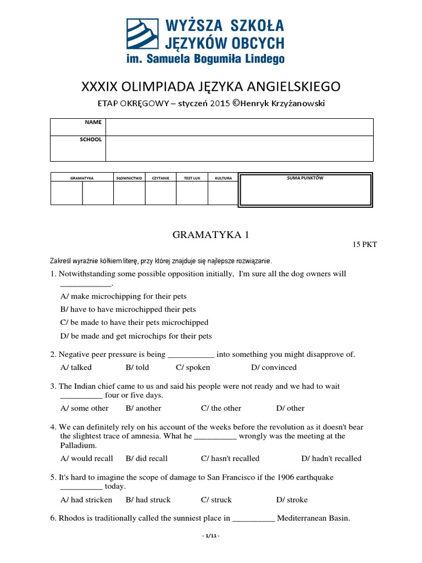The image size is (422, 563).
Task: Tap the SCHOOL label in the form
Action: (x=91, y=140)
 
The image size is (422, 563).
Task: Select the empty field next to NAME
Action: (x=240, y=127)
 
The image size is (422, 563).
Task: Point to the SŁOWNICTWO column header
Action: (x=129, y=178)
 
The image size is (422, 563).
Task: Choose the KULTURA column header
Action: (x=223, y=178)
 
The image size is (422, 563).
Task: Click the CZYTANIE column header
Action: (x=160, y=178)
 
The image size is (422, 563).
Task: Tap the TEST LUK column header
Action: (x=192, y=178)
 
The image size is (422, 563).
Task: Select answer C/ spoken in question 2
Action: (x=193, y=367)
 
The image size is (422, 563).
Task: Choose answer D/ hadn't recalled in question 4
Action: (x=331, y=458)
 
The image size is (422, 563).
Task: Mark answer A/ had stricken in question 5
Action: (x=86, y=500)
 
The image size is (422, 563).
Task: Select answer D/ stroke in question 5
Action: (x=292, y=500)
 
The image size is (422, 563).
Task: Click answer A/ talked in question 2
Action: (x=76, y=367)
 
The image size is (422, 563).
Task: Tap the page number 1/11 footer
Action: (x=211, y=536)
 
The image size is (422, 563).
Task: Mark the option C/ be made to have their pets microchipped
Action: (x=134, y=323)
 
